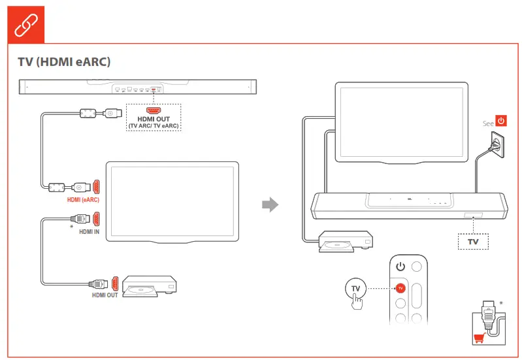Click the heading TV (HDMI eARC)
(64, 62)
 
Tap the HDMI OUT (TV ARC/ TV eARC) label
(154, 122)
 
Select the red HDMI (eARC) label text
(83, 199)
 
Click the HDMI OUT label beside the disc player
(105, 295)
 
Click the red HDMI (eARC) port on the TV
(96, 186)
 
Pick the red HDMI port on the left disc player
(115, 284)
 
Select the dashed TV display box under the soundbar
(472, 242)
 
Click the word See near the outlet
(487, 123)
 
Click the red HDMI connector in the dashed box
(154, 110)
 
